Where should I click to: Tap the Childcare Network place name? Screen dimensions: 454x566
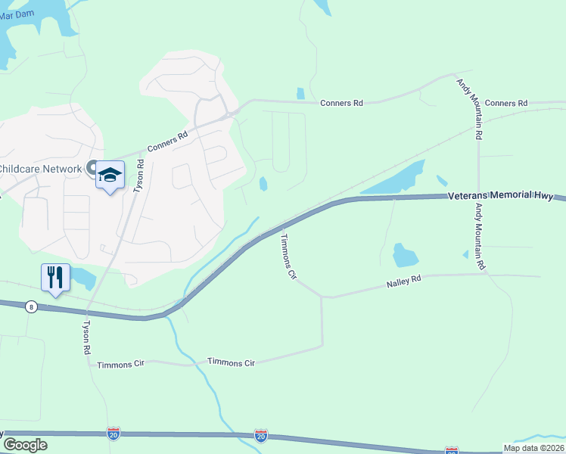click(x=40, y=168)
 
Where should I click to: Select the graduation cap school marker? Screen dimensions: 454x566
click(x=110, y=176)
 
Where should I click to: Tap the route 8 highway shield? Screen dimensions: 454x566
click(x=31, y=306)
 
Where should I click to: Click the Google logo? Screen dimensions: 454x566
click(x=24, y=445)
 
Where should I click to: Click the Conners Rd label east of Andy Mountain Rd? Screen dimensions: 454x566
click(x=506, y=103)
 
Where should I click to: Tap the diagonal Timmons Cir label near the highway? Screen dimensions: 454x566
click(x=288, y=257)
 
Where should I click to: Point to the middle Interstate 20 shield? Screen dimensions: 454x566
click(x=260, y=436)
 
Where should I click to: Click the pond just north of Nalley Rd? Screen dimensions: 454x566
click(x=405, y=255)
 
